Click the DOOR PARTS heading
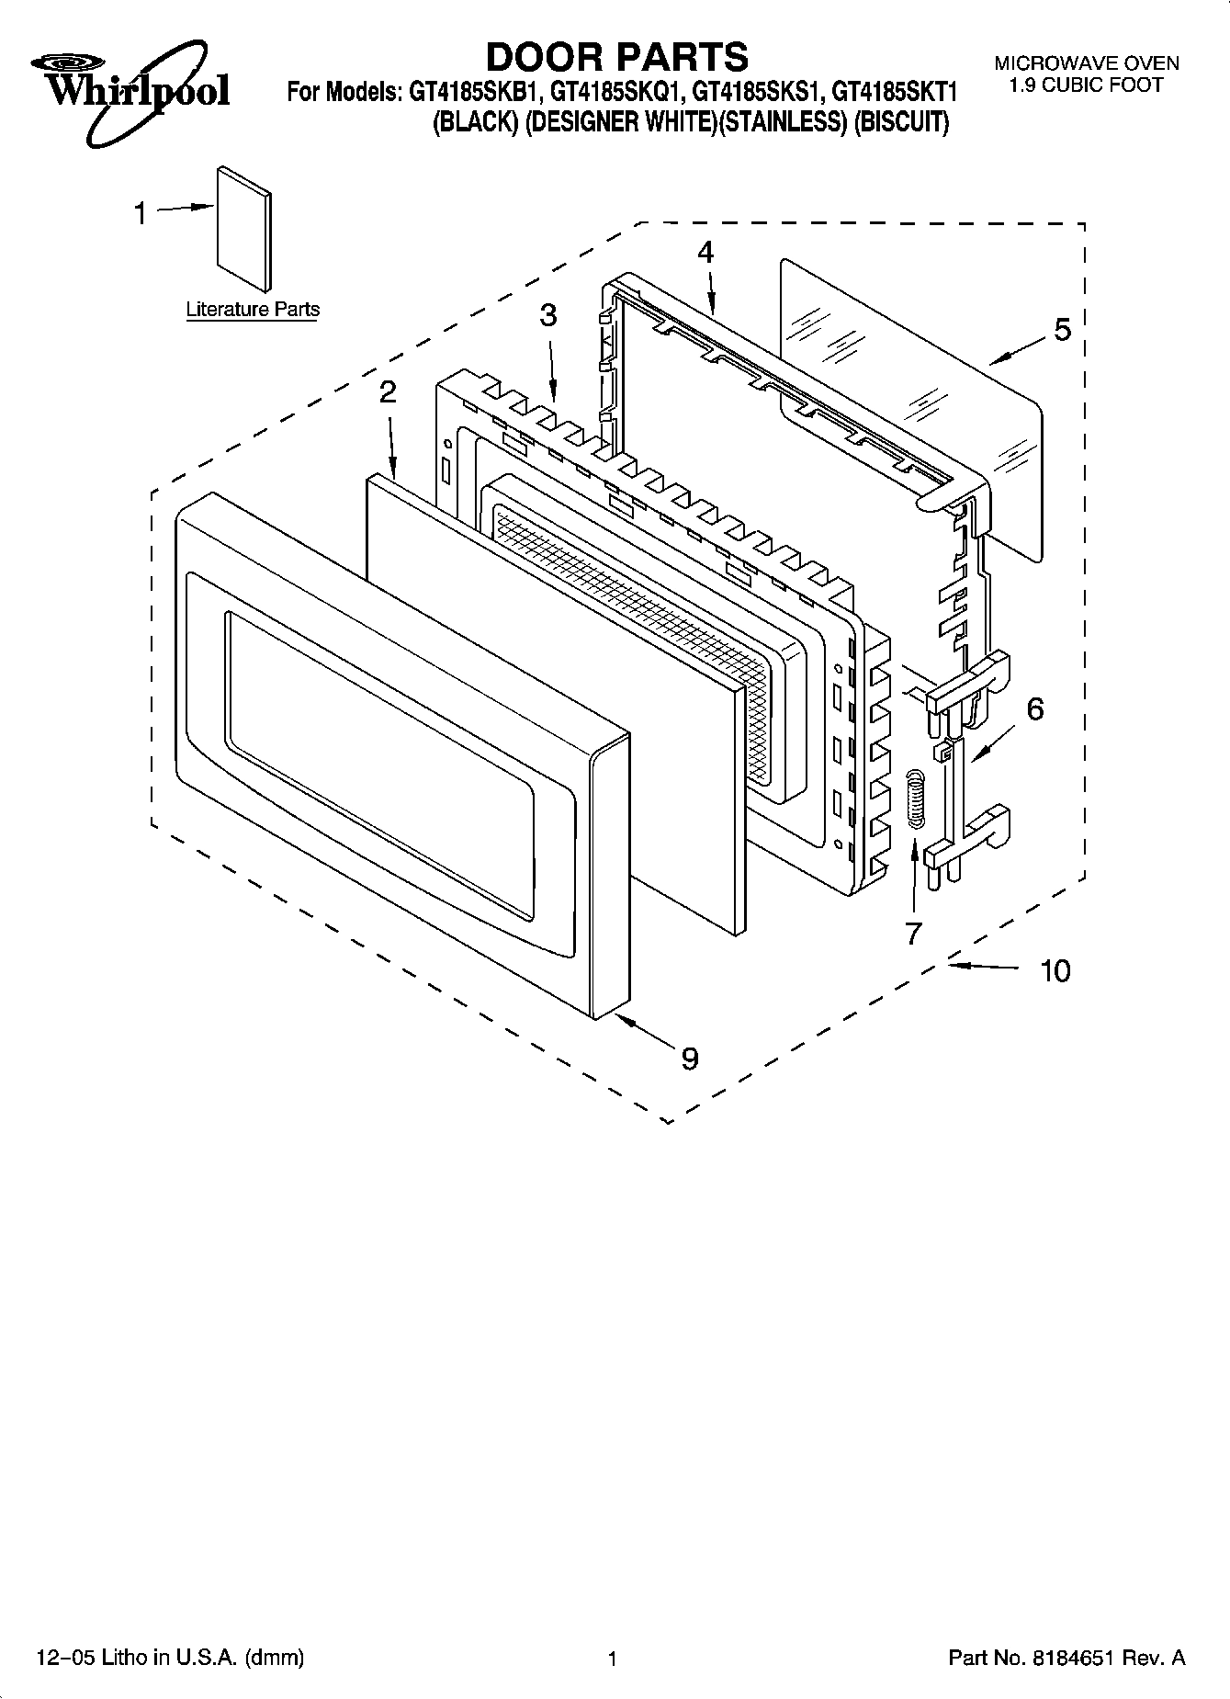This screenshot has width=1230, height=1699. coord(616,57)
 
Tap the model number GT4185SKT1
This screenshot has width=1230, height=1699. coord(895,93)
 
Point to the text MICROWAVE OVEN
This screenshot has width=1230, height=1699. coord(1086,63)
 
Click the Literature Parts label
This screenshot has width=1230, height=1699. coord(253,310)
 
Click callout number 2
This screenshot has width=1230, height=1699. coord(388,392)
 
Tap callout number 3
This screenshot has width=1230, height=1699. coord(547,316)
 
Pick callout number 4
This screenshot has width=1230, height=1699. coord(705,252)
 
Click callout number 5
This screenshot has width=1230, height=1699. coord(1062,329)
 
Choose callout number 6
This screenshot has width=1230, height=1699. coord(1034,708)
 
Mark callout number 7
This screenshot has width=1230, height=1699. coord(912,933)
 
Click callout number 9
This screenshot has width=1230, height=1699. coord(690,1059)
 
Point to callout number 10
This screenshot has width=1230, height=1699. coord(1055,970)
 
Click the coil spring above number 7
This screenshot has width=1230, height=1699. coord(915,800)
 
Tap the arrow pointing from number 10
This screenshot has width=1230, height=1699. coord(983,967)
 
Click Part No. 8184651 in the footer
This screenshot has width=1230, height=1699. coord(1066,1659)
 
